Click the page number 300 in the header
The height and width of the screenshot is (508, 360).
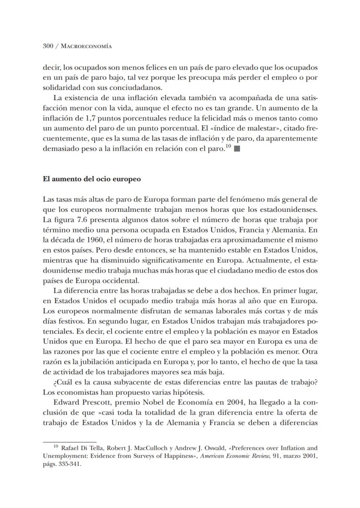pyautogui.click(x=48, y=46)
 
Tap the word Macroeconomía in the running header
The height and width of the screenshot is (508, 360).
pyautogui.click(x=87, y=46)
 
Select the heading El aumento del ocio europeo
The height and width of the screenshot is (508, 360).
pyautogui.click(x=91, y=179)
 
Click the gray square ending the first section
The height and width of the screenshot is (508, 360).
pyautogui.click(x=237, y=149)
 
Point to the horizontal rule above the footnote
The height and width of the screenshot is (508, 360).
pyautogui.click(x=70, y=441)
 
